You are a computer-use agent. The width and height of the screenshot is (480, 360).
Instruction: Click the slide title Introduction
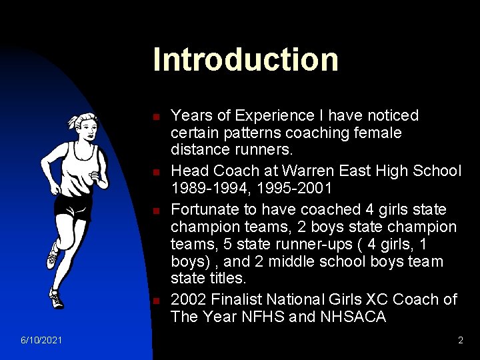click(x=245, y=59)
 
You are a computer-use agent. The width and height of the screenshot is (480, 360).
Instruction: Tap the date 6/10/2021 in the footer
click(x=41, y=341)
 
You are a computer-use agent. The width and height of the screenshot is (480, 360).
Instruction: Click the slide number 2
click(x=460, y=341)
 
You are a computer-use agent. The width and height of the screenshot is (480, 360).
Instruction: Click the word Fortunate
click(x=205, y=208)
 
